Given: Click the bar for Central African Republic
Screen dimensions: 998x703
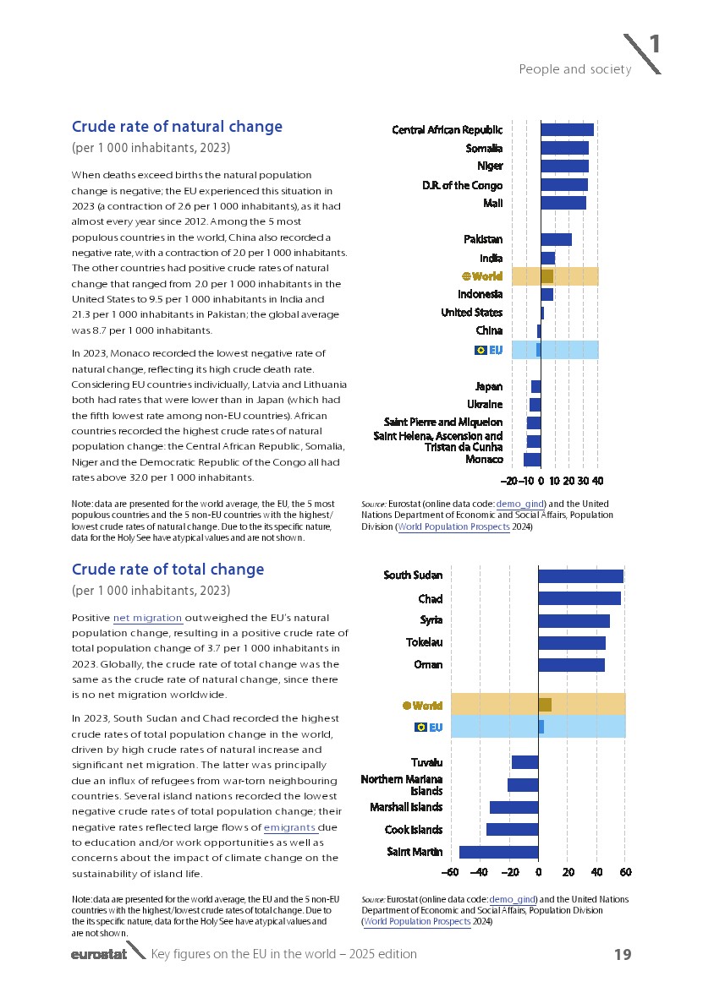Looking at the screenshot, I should tap(567, 129).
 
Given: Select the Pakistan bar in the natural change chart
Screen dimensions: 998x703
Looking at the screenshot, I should tap(556, 239).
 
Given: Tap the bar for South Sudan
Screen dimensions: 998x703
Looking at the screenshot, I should tap(580, 576).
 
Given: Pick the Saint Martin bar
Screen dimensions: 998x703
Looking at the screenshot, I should tap(498, 852).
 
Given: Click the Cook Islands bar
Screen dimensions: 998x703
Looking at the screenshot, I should tap(512, 830).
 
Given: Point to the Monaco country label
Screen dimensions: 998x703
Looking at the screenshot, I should tap(484, 460).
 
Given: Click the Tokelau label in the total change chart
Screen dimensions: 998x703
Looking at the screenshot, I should tap(424, 642).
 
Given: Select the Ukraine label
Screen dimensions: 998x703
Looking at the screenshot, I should tap(485, 404).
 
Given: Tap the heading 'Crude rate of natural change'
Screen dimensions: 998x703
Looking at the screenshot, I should tap(177, 127).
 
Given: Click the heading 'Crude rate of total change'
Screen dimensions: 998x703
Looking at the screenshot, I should tap(168, 570).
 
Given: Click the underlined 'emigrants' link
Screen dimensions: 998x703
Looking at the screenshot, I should tap(289, 827).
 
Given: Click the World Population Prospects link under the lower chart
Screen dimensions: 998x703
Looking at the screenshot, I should tap(416, 922).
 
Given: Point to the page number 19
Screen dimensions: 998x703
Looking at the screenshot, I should tap(623, 955).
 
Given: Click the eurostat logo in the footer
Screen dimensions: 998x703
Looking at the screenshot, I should tap(99, 955).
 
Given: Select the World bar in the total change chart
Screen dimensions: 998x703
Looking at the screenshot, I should tap(545, 705).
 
